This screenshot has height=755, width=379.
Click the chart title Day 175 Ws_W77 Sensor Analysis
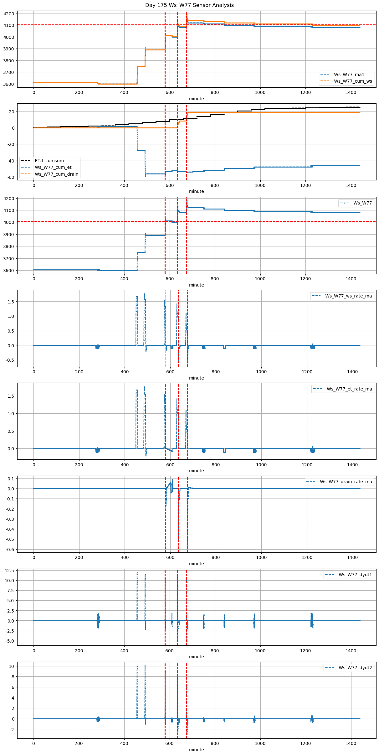(189, 5)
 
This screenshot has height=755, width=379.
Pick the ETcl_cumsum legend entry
(49, 161)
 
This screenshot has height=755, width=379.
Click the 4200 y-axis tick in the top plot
(9, 14)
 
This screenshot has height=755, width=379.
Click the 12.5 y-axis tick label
(9, 571)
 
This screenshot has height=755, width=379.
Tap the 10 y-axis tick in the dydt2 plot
(12, 666)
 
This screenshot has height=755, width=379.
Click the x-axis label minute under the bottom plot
(196, 750)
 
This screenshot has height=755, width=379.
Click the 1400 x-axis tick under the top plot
(351, 92)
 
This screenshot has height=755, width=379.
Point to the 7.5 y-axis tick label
(10, 591)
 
